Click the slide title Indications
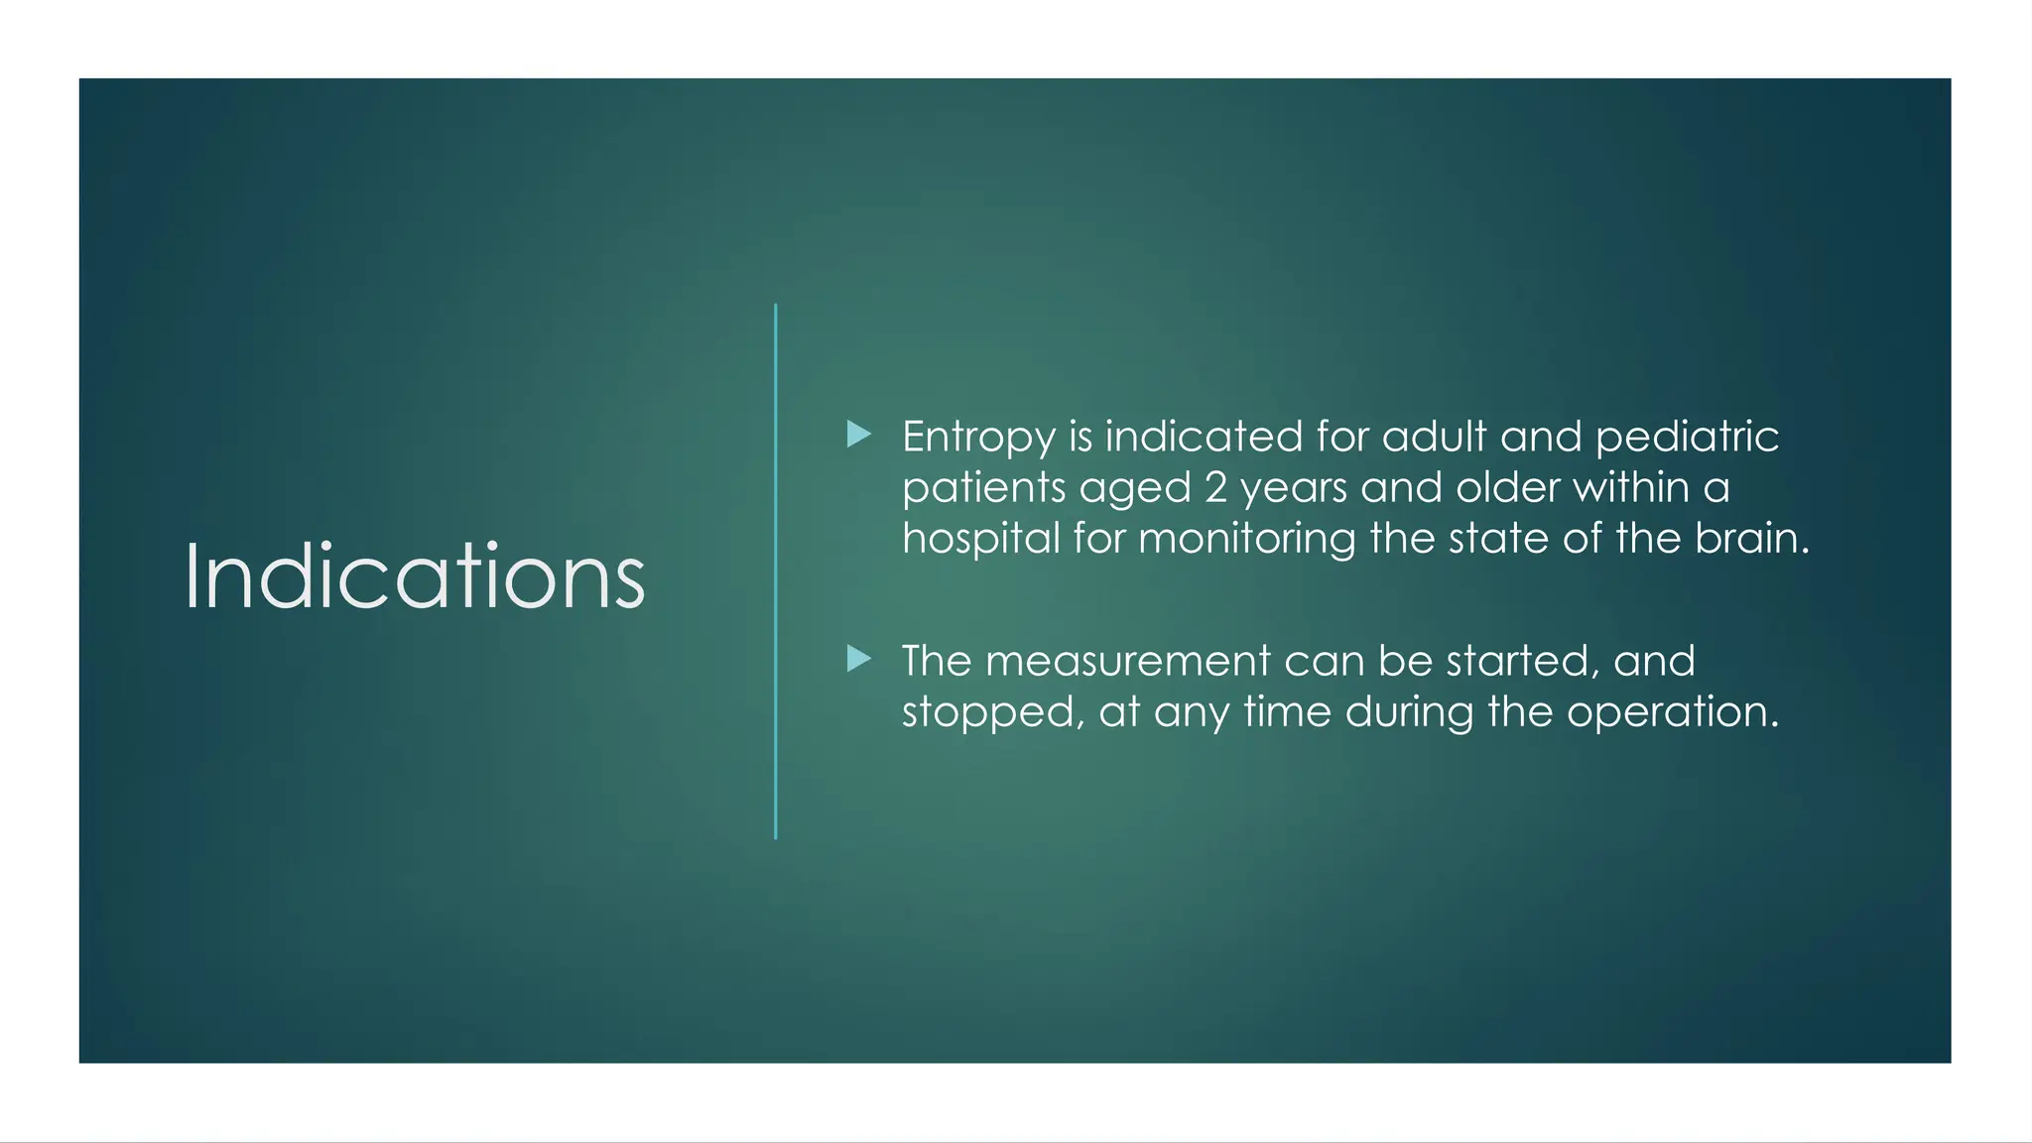(415, 576)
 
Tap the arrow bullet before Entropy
(859, 435)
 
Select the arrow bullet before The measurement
(859, 659)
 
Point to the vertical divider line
(776, 571)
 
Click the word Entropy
(978, 438)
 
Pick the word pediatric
(1687, 438)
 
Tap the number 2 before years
(1215, 487)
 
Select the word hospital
(980, 539)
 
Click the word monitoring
(1246, 539)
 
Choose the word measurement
(1127, 661)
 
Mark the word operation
(1673, 712)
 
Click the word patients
(982, 488)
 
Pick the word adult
(1434, 438)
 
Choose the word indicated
(1204, 438)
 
